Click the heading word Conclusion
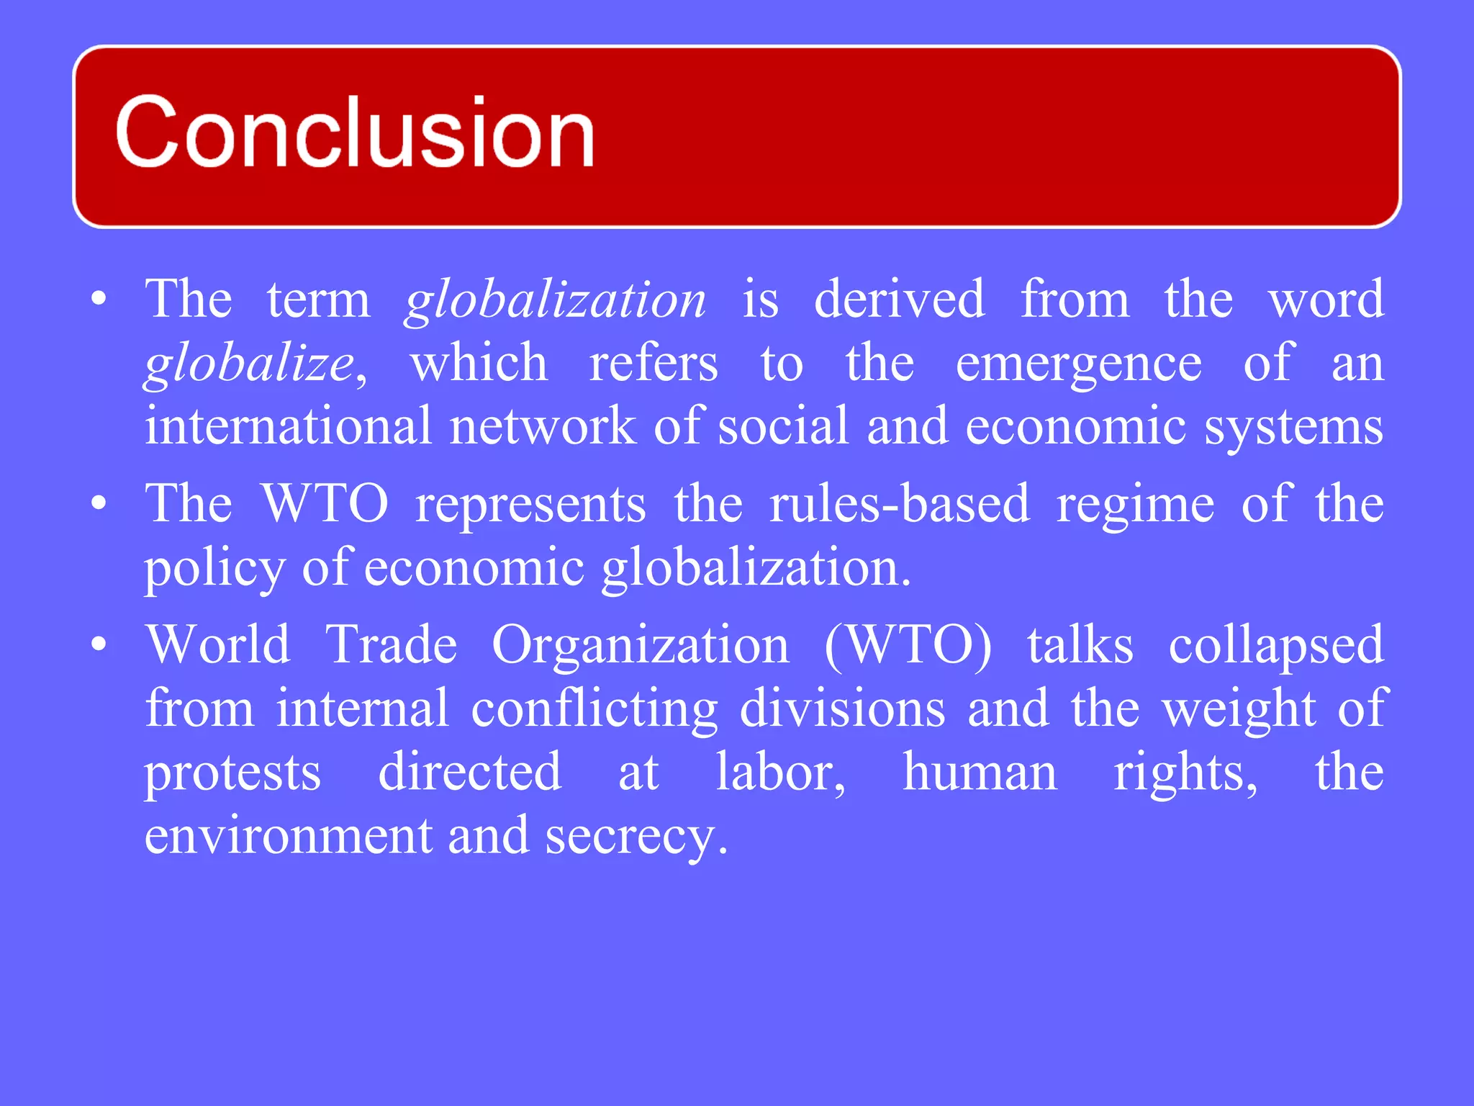pyautogui.click(x=354, y=132)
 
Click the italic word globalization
pyautogui.click(x=556, y=300)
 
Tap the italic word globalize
pyautogui.click(x=249, y=364)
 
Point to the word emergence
pyautogui.click(x=1078, y=364)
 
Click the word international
pyautogui.click(x=288, y=426)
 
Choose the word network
pyautogui.click(x=543, y=426)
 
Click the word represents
pyautogui.click(x=530, y=504)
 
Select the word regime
pyautogui.click(x=1135, y=504)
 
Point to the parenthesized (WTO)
pyautogui.click(x=908, y=644)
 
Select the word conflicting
pyautogui.click(x=594, y=709)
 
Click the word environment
pyautogui.click(x=288, y=835)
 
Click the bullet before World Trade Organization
pyautogui.click(x=99, y=644)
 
